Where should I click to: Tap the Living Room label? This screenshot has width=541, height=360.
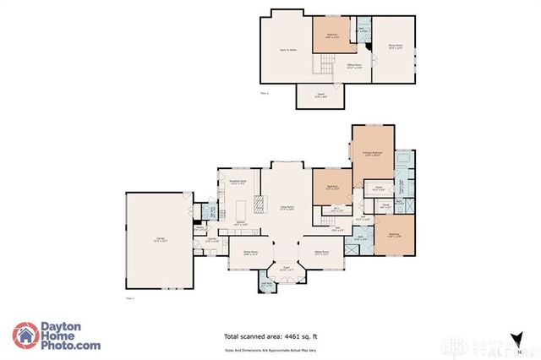(x=288, y=207)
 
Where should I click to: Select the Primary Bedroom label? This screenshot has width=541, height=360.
(x=373, y=154)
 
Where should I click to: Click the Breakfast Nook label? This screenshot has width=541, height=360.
(x=238, y=182)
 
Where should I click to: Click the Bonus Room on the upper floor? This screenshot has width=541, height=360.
(x=393, y=49)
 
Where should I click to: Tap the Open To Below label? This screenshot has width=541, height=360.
(x=288, y=50)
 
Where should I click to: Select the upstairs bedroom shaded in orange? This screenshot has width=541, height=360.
(x=333, y=35)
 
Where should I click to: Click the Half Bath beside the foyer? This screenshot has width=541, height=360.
(x=267, y=286)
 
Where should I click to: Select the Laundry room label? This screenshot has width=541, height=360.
(x=213, y=239)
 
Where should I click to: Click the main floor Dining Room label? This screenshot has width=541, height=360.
(x=250, y=253)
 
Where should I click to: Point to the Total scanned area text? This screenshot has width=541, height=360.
(x=265, y=335)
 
